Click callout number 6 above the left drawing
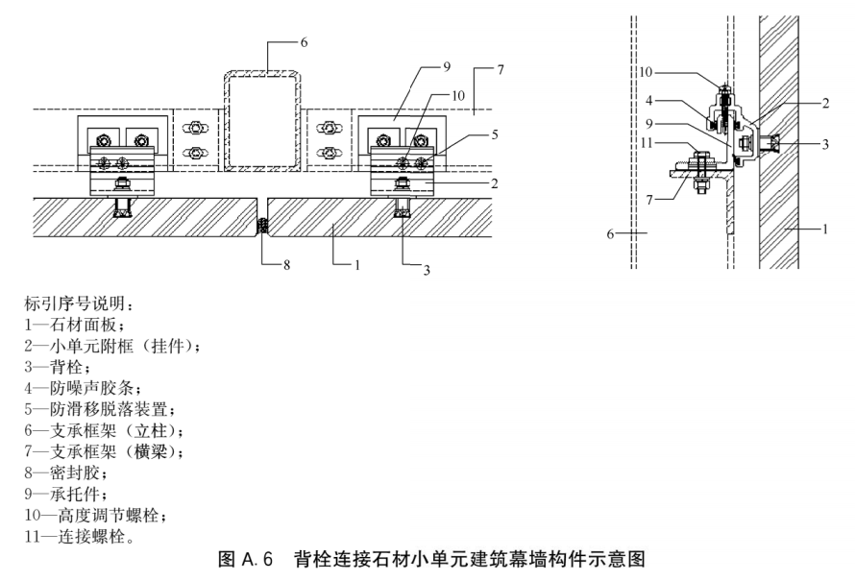click(x=304, y=42)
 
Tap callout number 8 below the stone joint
click(x=286, y=265)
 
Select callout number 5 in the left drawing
click(x=495, y=134)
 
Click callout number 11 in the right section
click(x=647, y=143)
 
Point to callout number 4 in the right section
click(x=648, y=100)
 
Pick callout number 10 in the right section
click(x=646, y=72)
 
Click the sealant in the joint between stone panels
click(x=263, y=225)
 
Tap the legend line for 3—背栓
click(x=58, y=367)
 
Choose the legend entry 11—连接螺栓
click(x=80, y=536)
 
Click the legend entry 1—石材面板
click(x=75, y=325)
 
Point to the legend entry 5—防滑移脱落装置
click(x=100, y=409)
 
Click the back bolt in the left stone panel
click(x=123, y=207)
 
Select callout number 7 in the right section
click(x=648, y=200)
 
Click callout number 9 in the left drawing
click(x=447, y=66)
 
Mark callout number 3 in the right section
click(x=825, y=144)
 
